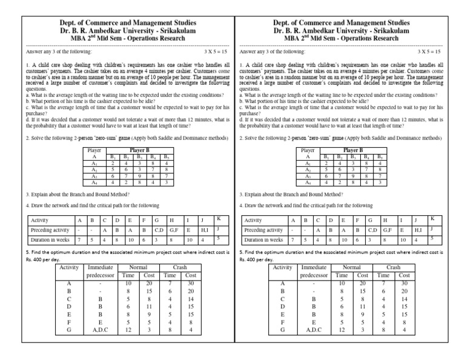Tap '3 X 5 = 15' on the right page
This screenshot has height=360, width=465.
pos(429,53)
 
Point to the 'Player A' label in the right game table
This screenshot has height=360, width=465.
pos(308,152)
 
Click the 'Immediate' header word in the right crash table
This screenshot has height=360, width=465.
pos(313,267)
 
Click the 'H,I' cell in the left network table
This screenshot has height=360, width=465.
pos(204,230)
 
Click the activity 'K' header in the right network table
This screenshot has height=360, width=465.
pos(433,218)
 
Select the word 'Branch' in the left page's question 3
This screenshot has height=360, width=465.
pos(82,195)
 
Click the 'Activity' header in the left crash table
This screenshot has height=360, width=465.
pos(69,267)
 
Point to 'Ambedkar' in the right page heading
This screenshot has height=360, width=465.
pos(331,30)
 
